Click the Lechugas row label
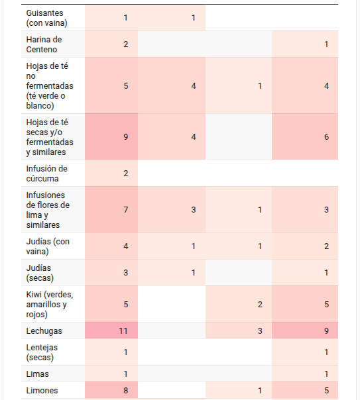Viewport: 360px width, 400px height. (x=44, y=331)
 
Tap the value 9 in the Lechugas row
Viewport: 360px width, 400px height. (x=326, y=331)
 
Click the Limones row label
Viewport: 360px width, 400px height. (x=42, y=390)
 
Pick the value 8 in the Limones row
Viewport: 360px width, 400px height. (x=125, y=390)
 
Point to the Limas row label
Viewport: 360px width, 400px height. (x=37, y=374)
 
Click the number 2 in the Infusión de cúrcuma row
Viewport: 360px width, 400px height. (x=125, y=174)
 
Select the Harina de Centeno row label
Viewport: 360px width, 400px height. (x=44, y=44)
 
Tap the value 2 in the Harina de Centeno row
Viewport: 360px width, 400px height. (x=125, y=44)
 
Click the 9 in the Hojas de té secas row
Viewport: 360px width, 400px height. (x=125, y=136)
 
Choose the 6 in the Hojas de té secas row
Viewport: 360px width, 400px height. (x=326, y=136)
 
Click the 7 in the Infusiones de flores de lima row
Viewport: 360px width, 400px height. (x=125, y=210)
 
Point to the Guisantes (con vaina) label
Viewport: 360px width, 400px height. (x=46, y=18)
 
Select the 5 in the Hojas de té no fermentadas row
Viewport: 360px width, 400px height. (x=125, y=85)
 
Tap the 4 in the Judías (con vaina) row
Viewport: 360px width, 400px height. (x=125, y=246)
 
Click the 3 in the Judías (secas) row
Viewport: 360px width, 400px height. (x=125, y=273)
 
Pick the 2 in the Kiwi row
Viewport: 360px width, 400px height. (x=260, y=305)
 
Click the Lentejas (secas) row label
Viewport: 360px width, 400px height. (x=42, y=352)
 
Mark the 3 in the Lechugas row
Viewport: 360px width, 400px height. (x=260, y=331)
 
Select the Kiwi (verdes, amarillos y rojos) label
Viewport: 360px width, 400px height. (x=50, y=305)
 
